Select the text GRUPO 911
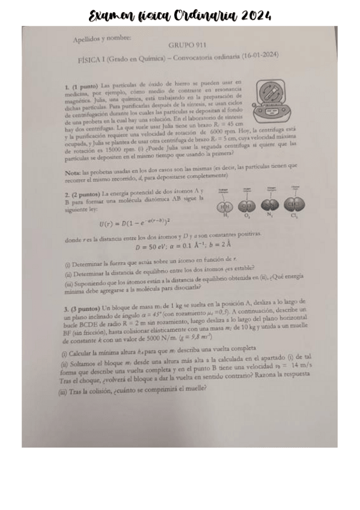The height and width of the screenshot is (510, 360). coord(186,45)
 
